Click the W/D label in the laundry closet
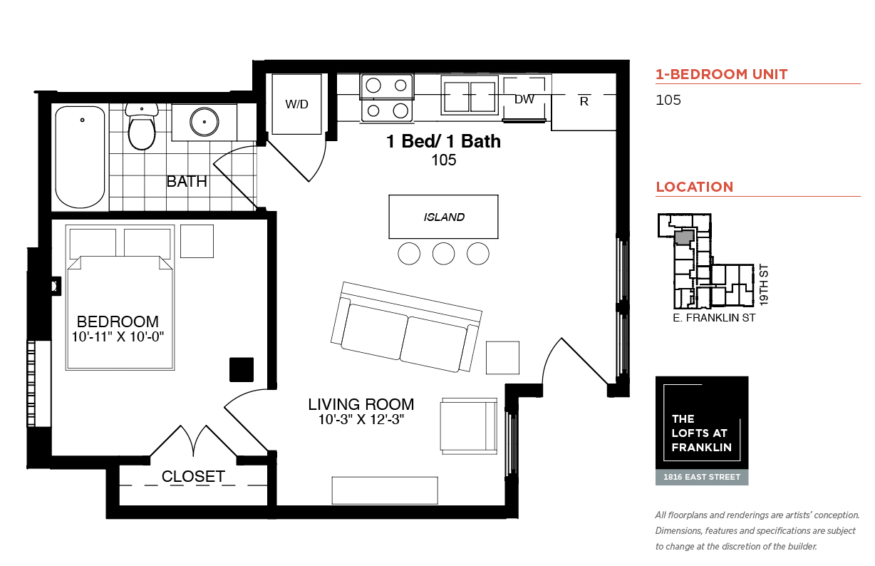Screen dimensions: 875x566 (x=296, y=104)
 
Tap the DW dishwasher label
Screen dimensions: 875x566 (x=524, y=99)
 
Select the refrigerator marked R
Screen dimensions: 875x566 (x=584, y=102)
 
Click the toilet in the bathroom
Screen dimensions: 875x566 (x=142, y=126)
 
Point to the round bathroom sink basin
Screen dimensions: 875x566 (x=204, y=122)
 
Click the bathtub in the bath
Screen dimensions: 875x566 (x=80, y=157)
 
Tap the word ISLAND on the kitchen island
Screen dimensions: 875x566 (x=444, y=217)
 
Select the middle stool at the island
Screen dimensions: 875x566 (x=443, y=254)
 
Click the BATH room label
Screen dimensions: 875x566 (x=187, y=182)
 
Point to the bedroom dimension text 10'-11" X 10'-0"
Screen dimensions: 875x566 (x=118, y=336)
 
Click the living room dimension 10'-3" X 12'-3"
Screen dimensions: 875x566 (x=361, y=419)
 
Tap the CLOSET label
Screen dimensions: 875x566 (x=193, y=476)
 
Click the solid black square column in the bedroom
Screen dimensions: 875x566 (x=242, y=370)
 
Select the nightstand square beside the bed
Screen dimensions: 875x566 (x=197, y=241)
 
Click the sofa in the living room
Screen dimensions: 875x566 (x=406, y=326)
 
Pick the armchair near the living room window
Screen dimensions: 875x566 (x=469, y=426)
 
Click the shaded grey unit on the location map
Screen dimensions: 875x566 (x=685, y=237)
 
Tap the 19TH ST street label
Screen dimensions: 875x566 (x=764, y=285)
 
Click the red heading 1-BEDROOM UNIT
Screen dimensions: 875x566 (x=722, y=74)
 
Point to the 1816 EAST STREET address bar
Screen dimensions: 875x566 (x=702, y=477)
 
